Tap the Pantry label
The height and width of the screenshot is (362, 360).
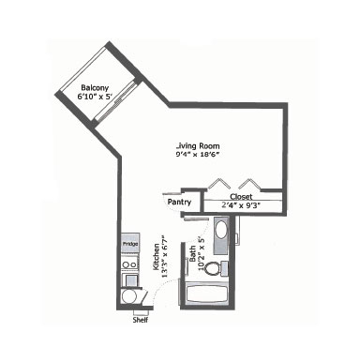click(x=179, y=202)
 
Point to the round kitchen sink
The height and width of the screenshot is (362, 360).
click(x=129, y=296)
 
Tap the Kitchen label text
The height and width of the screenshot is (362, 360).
click(x=157, y=278)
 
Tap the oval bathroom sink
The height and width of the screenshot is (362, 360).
click(x=220, y=229)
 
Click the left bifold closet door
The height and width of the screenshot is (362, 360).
click(x=218, y=184)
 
